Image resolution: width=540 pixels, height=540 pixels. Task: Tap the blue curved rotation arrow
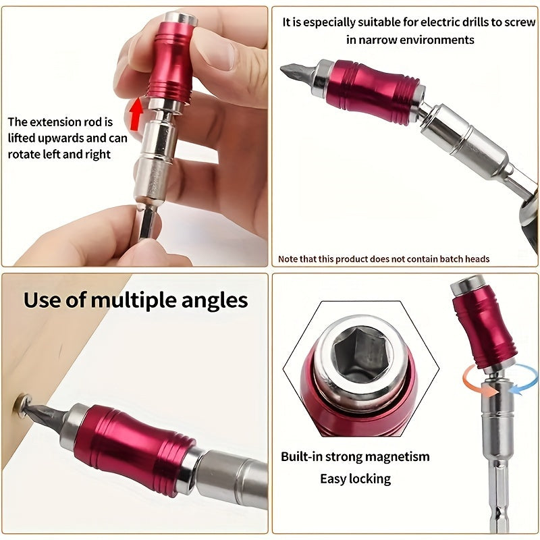[x=518, y=377]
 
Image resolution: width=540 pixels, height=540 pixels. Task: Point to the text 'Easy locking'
[x=355, y=479]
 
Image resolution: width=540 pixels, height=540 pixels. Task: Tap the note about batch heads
[x=383, y=259]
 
